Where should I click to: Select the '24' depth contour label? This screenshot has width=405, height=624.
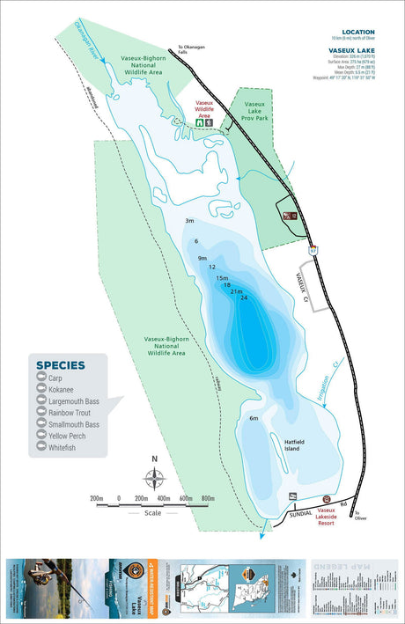coord(244,298)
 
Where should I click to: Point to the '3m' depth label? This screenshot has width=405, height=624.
coord(188,221)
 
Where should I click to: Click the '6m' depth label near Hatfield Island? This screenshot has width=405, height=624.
coord(254,418)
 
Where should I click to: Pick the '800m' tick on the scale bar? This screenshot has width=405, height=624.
coord(208,499)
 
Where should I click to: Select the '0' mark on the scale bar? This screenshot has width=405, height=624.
coord(118,499)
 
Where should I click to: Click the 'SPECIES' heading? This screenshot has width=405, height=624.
coord(61,365)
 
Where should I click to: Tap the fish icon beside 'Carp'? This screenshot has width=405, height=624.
coord(41,378)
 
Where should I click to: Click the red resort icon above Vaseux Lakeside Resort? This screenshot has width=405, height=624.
coord(327,499)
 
